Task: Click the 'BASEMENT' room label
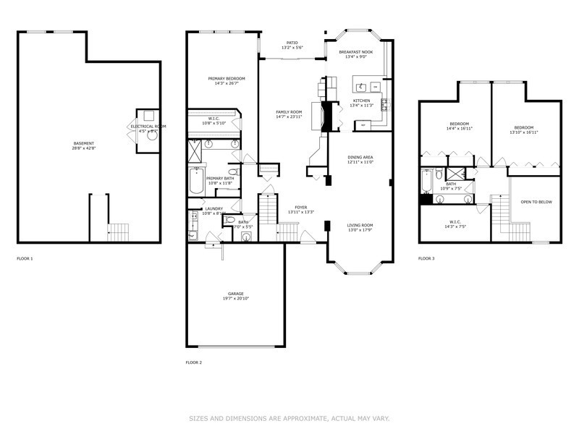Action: (x=83, y=143)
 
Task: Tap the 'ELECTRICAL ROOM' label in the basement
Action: (x=148, y=127)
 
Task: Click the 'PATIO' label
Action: (x=292, y=43)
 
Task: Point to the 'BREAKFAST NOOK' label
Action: (x=356, y=52)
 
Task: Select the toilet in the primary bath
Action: (x=233, y=172)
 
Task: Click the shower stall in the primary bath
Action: (x=195, y=150)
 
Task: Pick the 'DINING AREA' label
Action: (x=360, y=157)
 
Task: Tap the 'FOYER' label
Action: (x=300, y=207)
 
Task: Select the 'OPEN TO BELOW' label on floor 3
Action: (x=536, y=202)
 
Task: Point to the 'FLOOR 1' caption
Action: (x=25, y=258)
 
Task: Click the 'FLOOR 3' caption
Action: (x=426, y=258)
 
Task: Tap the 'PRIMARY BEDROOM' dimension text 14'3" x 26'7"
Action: (x=226, y=83)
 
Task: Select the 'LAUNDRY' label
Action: (x=214, y=208)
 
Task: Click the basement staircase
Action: (x=118, y=232)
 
